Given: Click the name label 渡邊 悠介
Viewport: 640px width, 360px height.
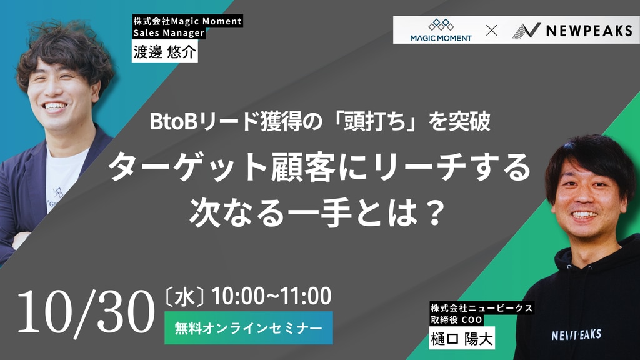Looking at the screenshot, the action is click(x=164, y=51).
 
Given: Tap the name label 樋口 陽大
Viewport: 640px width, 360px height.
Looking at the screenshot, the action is click(x=462, y=338).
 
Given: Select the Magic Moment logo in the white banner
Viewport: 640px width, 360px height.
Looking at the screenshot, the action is click(x=441, y=30).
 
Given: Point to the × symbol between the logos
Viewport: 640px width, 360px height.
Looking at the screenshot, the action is click(x=492, y=30).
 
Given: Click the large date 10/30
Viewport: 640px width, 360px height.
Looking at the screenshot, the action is click(x=86, y=312).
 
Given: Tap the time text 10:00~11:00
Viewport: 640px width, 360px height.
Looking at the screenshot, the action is click(x=271, y=296).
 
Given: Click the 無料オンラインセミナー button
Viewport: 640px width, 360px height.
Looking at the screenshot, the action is click(x=249, y=328).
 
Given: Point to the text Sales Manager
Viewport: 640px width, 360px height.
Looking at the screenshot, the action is click(x=169, y=33).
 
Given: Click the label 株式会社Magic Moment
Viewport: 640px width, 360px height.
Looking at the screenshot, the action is click(x=187, y=21).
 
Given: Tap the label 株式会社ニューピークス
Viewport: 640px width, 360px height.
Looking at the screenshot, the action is click(x=482, y=307).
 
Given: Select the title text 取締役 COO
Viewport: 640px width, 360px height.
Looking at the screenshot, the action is click(x=456, y=319).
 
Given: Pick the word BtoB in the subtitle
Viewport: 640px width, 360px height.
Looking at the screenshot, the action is click(x=174, y=122).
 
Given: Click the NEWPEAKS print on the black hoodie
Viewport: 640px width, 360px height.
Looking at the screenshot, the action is click(x=576, y=335).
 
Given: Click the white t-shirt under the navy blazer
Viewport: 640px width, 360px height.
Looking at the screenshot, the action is click(x=65, y=176).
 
